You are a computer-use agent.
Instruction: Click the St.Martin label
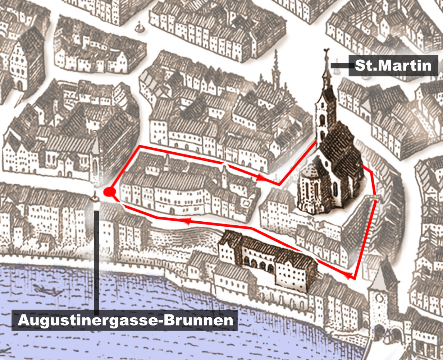[x=393, y=66]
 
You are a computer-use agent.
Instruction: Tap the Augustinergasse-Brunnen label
[x=125, y=320]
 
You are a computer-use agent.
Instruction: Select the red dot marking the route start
[x=109, y=192]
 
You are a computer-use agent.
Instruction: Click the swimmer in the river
[x=42, y=288]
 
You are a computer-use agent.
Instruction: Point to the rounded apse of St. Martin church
[x=309, y=190]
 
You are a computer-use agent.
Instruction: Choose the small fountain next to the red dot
[x=95, y=198]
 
